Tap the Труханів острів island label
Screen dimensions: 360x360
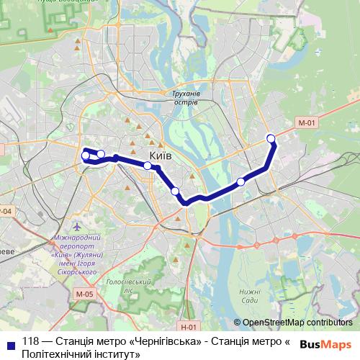click(x=186, y=98)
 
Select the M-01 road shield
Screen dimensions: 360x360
click(x=307, y=123)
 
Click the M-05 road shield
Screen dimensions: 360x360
click(x=84, y=294)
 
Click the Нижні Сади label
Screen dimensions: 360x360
click(x=251, y=296)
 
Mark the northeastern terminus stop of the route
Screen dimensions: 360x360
click(x=271, y=138)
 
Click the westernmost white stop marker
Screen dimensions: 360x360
click(x=86, y=156)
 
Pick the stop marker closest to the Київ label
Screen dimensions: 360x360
click(x=148, y=166)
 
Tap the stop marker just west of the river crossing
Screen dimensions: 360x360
click(x=175, y=191)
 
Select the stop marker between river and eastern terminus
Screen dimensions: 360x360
click(x=240, y=182)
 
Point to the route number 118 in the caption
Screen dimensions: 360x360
click(x=31, y=342)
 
